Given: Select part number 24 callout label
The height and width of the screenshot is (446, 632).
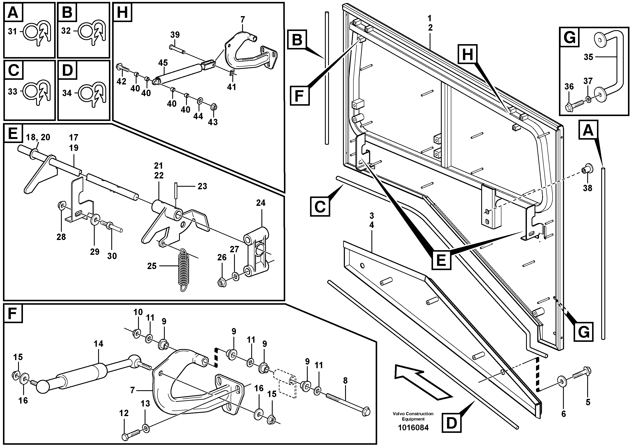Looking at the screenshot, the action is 260,203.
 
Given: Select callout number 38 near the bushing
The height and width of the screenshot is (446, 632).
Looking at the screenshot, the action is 587,188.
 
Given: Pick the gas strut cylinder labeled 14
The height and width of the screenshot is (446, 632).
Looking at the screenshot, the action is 83,374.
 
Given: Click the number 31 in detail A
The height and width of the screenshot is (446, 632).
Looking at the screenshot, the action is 12,32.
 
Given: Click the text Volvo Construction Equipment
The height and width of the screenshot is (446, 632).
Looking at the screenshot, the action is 413,416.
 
